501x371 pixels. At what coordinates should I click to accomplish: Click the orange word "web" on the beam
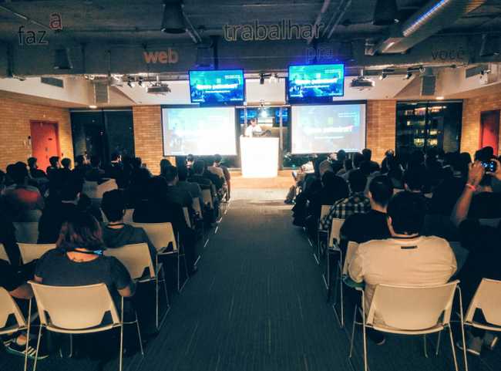pyautogui.click(x=160, y=56)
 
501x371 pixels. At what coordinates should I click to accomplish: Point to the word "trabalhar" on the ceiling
pyautogui.click(x=262, y=31)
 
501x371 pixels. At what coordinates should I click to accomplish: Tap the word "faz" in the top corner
pyautogui.click(x=32, y=35)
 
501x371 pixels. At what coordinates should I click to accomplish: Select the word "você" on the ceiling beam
pyautogui.click(x=448, y=55)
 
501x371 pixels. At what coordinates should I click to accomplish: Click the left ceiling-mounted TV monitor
pyautogui.click(x=217, y=86)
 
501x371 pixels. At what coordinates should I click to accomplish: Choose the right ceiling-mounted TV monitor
pyautogui.click(x=316, y=82)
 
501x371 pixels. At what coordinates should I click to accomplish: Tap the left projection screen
pyautogui.click(x=199, y=130)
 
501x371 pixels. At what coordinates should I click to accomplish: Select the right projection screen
pyautogui.click(x=328, y=128)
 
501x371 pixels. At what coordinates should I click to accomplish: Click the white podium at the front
pyautogui.click(x=259, y=157)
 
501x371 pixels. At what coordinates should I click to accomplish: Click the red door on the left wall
pyautogui.click(x=45, y=143)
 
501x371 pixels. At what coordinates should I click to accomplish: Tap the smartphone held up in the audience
pyautogui.click(x=489, y=166)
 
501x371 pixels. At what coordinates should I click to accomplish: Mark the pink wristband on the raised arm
pyautogui.click(x=470, y=187)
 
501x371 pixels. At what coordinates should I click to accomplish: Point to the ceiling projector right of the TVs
pyautogui.click(x=361, y=83)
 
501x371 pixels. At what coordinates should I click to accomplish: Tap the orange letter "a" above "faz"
pyautogui.click(x=55, y=21)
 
